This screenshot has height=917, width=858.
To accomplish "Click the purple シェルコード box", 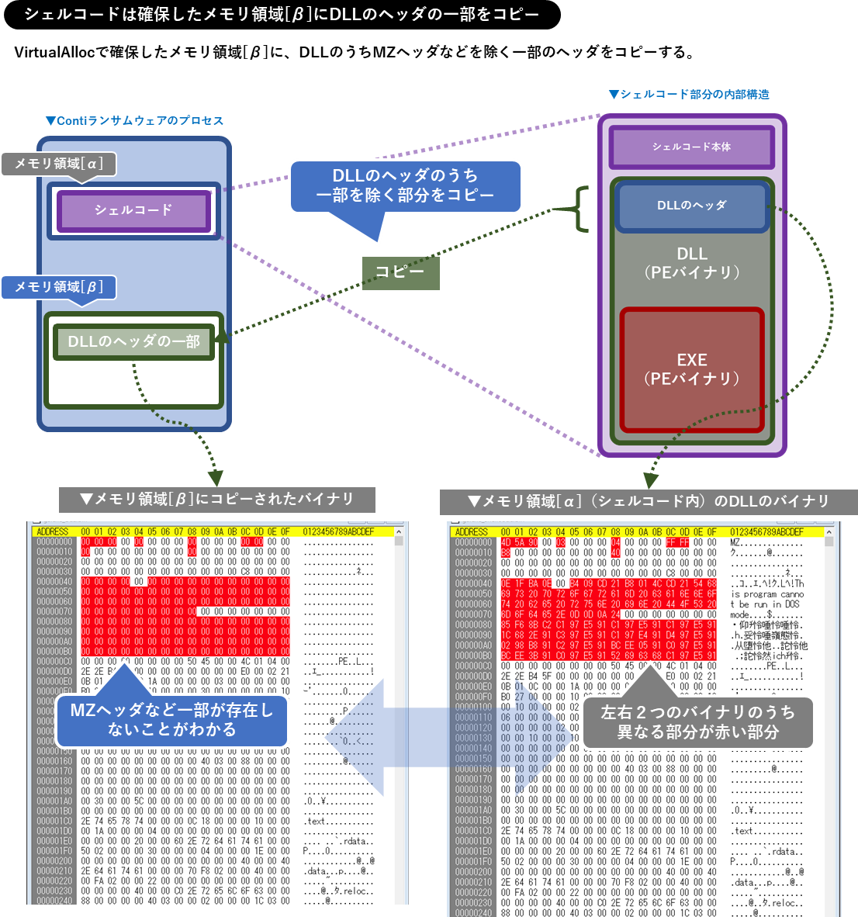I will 133,210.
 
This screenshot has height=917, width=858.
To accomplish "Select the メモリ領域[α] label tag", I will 59,164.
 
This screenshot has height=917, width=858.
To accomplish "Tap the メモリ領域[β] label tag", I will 59,287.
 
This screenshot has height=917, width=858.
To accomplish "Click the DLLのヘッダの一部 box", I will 133,342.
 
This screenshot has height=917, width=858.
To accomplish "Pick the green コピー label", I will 400,272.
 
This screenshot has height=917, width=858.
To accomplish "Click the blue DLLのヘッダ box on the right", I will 691,206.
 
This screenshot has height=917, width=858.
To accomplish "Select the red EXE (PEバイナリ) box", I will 691,369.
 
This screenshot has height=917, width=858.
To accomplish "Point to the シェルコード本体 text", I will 691,147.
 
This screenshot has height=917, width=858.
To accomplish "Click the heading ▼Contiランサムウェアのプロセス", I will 134,120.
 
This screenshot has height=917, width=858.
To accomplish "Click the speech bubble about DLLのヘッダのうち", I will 405,186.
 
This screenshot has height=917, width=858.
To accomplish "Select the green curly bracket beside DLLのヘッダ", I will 581,208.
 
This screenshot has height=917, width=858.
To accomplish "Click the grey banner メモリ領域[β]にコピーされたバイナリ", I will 217,500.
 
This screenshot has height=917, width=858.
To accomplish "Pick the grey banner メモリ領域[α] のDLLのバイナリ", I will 649,502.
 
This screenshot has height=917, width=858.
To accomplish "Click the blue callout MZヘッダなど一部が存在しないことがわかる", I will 171,720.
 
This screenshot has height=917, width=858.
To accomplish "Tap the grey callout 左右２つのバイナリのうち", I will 697,722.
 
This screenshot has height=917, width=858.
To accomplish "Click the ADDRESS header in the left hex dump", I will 53,532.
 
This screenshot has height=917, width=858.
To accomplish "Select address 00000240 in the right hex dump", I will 473,912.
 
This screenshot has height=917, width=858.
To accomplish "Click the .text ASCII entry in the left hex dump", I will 317,821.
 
